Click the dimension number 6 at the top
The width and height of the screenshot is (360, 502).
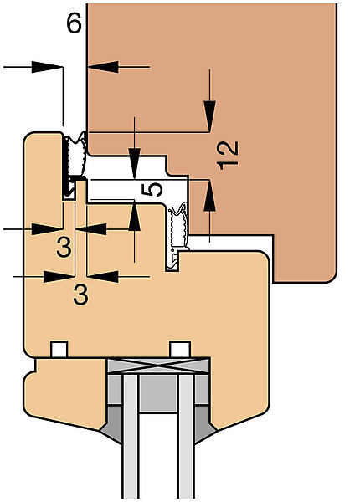tap(74, 23)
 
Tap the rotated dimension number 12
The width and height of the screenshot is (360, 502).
tap(228, 155)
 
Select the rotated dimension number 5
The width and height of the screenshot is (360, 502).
tap(152, 189)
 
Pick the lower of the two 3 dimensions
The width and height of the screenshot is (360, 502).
tap(80, 295)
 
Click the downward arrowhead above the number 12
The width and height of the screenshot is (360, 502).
tap(210, 115)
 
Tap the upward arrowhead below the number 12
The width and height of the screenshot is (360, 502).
tap(210, 196)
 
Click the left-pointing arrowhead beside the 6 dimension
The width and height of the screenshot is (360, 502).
tap(103, 67)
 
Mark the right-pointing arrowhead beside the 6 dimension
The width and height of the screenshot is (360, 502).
tap(47, 67)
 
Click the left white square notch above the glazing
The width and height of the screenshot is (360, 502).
tap(59, 349)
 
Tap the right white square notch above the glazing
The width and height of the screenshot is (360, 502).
tap(180, 349)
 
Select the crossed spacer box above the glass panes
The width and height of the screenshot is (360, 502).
tap(158, 366)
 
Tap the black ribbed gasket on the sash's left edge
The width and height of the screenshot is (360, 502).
tap(75, 165)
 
